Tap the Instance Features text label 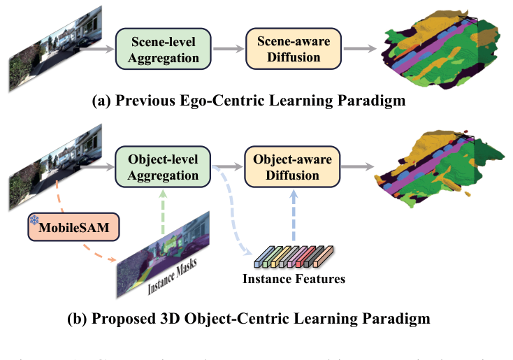(291, 280)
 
